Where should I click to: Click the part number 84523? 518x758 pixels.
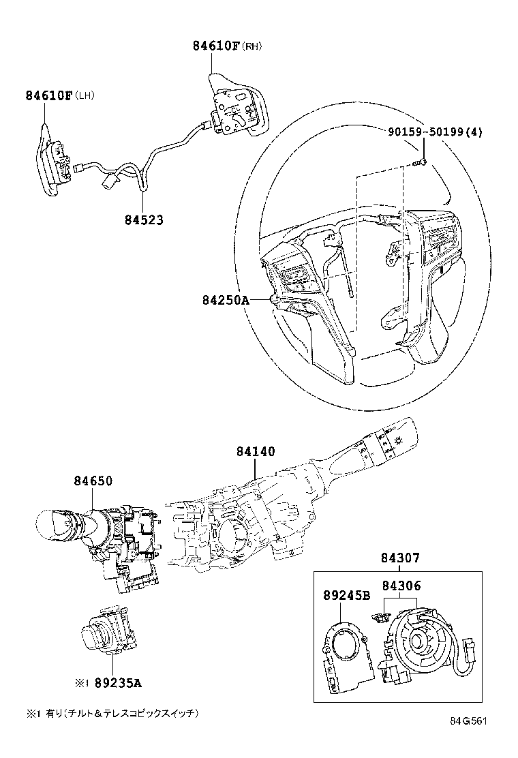144,220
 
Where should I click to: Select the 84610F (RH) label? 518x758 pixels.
226,46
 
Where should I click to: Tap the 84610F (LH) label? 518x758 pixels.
59,95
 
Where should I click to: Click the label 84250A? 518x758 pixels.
226,299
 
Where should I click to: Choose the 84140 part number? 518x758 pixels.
256,451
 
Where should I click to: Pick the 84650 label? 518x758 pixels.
93,481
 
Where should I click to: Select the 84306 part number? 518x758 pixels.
401,586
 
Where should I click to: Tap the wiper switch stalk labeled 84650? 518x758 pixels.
99,539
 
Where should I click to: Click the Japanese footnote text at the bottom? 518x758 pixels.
112,714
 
